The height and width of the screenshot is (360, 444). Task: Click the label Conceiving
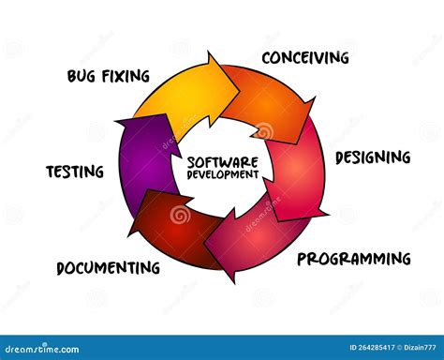pos(305,58)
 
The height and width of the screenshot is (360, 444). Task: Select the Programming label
pos(353,258)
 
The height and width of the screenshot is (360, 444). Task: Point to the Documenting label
pos(108,267)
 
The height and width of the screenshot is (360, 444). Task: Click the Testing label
pos(74,172)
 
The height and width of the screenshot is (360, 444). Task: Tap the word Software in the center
pos(222,161)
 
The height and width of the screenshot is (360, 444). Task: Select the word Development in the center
pos(222,175)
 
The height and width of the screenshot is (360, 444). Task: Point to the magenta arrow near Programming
pos(248,239)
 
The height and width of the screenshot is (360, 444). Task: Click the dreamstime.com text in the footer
pos(45,349)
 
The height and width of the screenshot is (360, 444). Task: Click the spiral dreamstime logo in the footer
pos(10,348)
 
